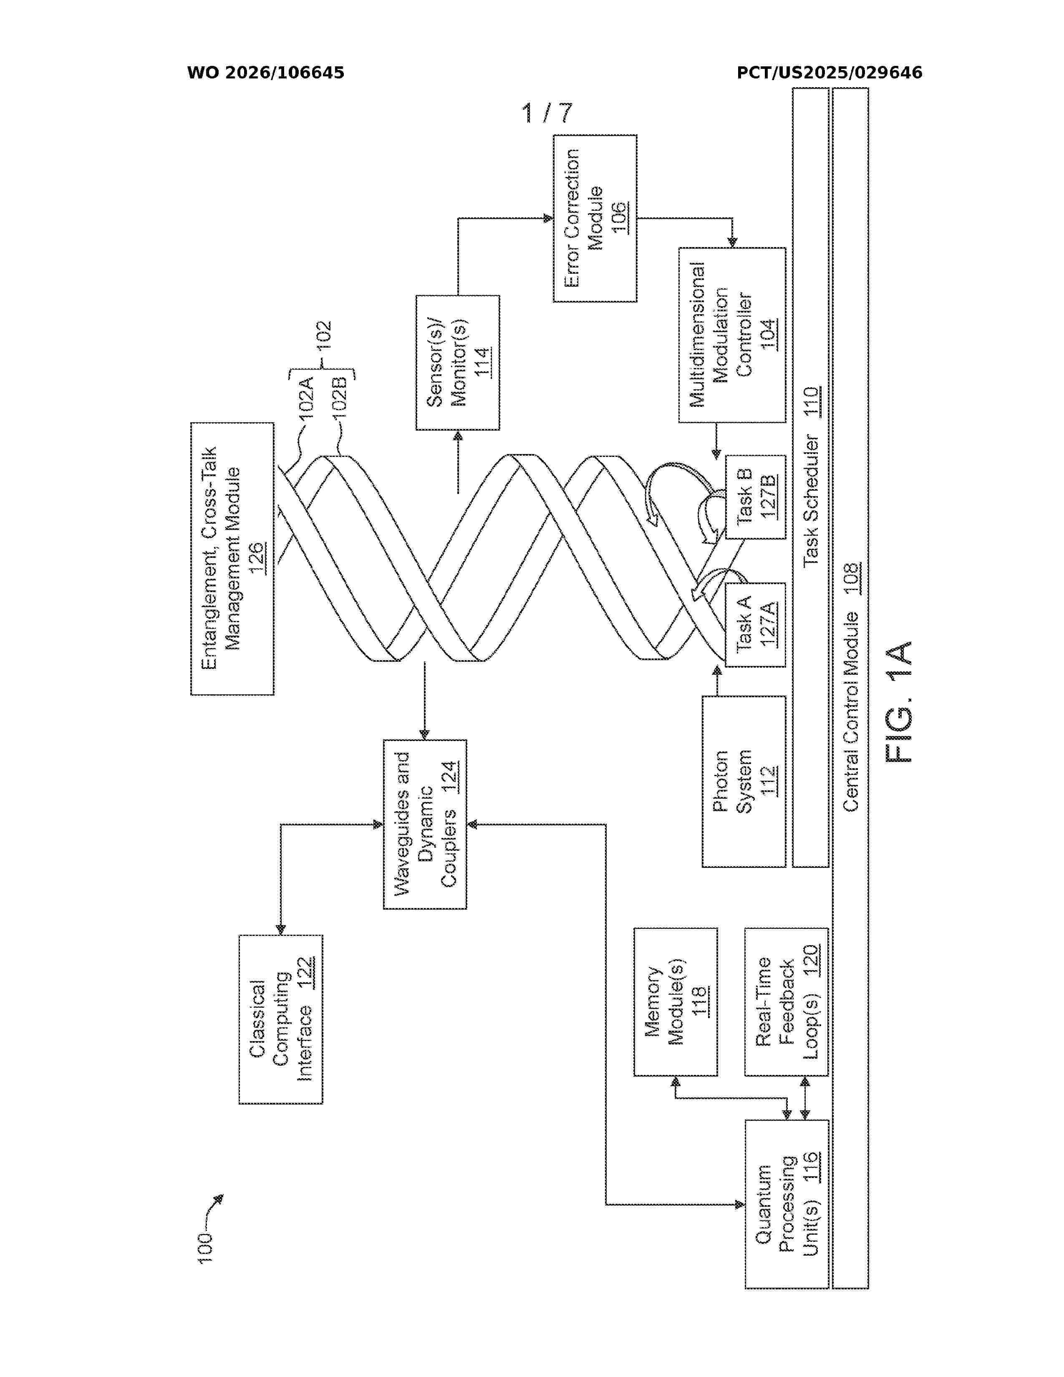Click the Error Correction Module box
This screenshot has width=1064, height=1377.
595,218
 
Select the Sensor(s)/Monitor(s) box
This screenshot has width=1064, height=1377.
458,363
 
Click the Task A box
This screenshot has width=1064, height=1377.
755,625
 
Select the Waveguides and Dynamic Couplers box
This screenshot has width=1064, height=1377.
425,824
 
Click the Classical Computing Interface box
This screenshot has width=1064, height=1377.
280,1019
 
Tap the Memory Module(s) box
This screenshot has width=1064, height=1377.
676,1002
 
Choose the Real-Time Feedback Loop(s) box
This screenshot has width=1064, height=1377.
786,1002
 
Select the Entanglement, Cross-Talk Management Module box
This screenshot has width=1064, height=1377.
232,559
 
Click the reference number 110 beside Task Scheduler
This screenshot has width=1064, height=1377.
811,401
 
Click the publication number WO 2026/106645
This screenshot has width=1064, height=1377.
265,73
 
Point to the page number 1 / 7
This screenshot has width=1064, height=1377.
547,113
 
